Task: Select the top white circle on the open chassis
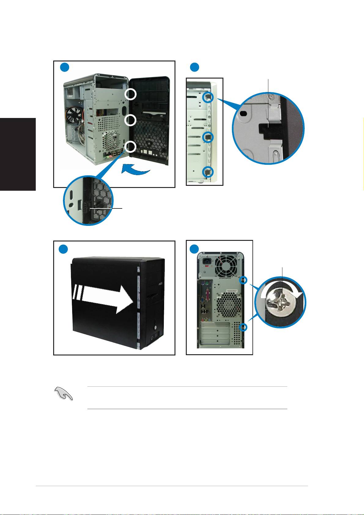click(131, 95)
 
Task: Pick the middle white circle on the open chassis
click(131, 120)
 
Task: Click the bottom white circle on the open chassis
click(131, 147)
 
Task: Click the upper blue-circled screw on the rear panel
click(243, 280)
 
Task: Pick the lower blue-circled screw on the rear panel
click(243, 327)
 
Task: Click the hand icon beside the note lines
click(64, 393)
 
